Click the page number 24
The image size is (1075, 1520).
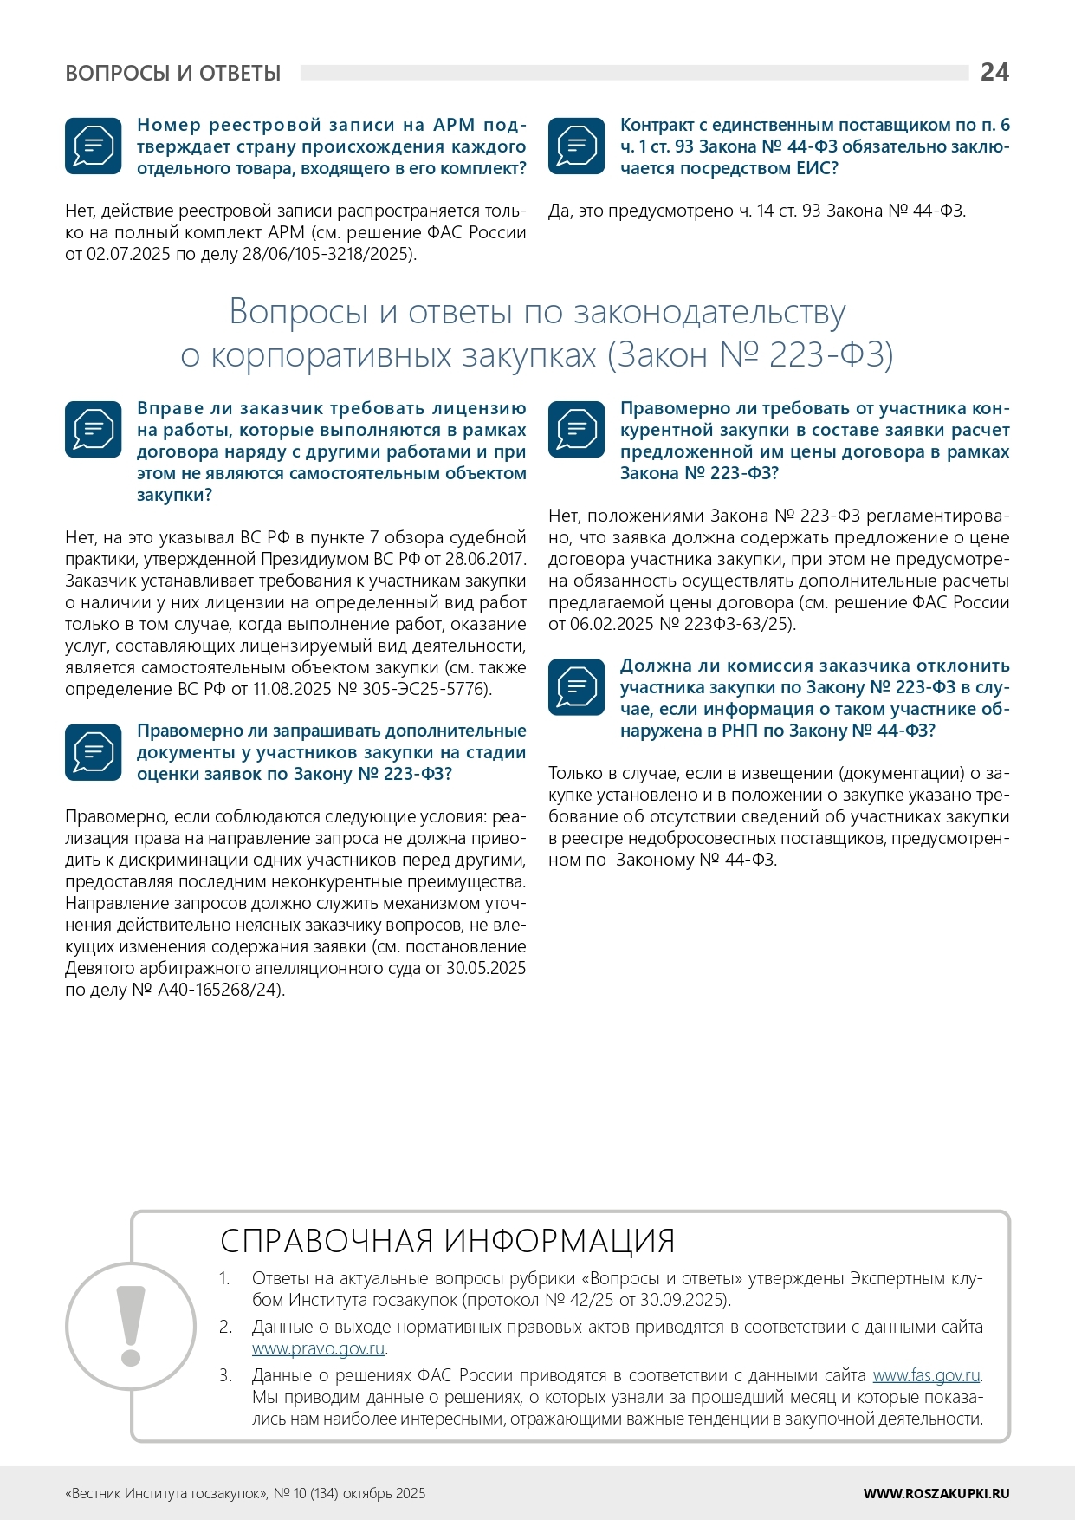point(994,72)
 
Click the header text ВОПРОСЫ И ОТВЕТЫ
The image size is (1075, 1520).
point(173,74)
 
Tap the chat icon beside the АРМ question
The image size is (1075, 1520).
point(94,146)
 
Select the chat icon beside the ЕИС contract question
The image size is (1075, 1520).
point(577,146)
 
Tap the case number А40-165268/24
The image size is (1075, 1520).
point(219,990)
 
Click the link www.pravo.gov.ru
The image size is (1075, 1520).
point(318,1348)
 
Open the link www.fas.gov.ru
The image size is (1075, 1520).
point(926,1375)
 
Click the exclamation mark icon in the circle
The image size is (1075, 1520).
point(131,1326)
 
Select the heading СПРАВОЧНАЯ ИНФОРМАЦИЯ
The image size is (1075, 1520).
point(447,1241)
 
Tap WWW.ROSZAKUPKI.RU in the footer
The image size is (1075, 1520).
point(936,1493)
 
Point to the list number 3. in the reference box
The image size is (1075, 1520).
point(226,1375)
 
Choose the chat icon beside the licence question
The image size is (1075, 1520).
point(94,430)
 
